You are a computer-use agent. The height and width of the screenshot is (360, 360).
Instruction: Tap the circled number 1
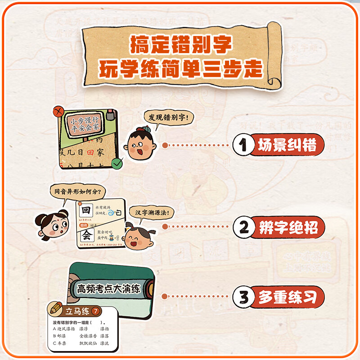[243, 145]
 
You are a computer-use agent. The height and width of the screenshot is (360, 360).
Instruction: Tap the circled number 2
[243, 226]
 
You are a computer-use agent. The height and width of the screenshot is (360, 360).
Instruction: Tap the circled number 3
[243, 297]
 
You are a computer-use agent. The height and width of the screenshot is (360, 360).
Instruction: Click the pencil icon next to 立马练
[57, 310]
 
